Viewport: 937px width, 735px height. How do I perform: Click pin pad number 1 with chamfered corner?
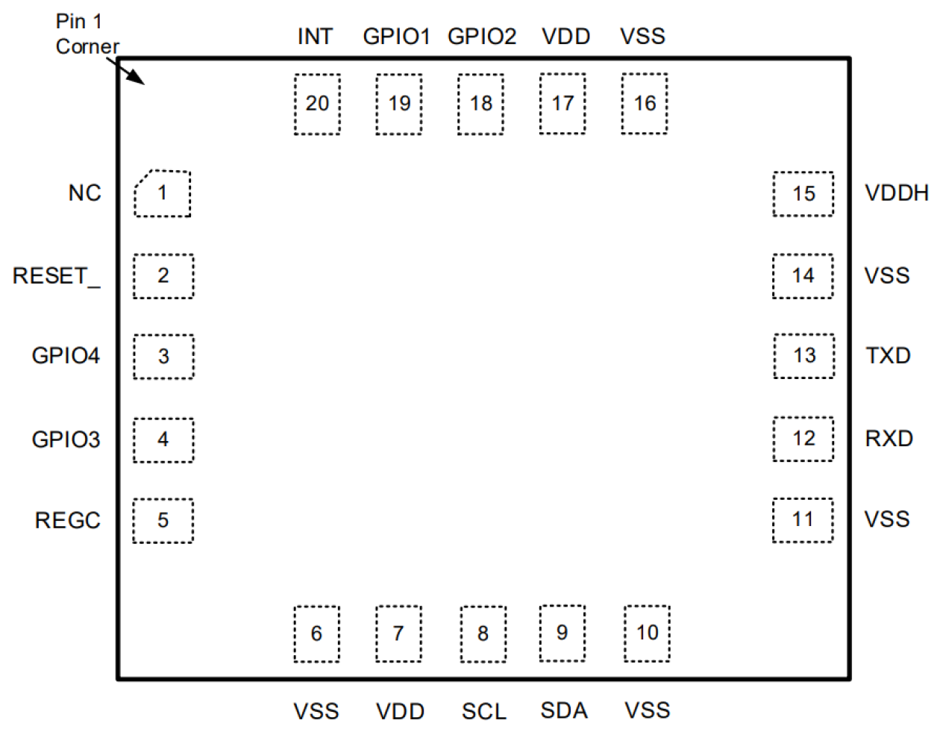(x=163, y=193)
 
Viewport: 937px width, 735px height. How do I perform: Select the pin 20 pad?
(x=317, y=104)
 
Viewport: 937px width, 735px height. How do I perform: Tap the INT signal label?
(x=315, y=37)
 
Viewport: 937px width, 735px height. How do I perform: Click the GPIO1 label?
(x=396, y=37)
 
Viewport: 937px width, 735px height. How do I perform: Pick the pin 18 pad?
(x=480, y=104)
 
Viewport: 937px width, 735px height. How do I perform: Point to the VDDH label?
(x=896, y=193)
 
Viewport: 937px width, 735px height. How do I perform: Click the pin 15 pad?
(x=803, y=194)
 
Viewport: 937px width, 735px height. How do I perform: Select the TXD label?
(x=888, y=355)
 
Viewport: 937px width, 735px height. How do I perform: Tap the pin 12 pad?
(x=803, y=439)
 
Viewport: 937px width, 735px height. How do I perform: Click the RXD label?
(x=889, y=438)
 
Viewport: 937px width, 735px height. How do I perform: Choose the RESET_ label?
(x=56, y=276)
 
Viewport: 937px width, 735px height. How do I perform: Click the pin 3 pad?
(x=163, y=357)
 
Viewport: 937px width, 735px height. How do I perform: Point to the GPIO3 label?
(x=66, y=440)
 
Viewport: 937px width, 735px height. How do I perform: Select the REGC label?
(x=67, y=520)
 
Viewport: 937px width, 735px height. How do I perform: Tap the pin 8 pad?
(x=483, y=634)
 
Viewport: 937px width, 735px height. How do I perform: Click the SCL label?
(x=483, y=711)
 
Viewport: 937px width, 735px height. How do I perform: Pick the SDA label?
(x=563, y=710)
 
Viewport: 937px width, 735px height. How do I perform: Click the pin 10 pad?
(x=647, y=633)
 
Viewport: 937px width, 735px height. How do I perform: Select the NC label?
(x=84, y=193)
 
